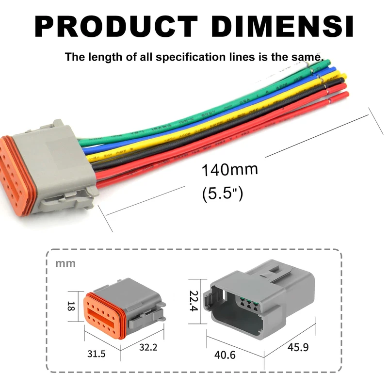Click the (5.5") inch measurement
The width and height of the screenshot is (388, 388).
(222, 194)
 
